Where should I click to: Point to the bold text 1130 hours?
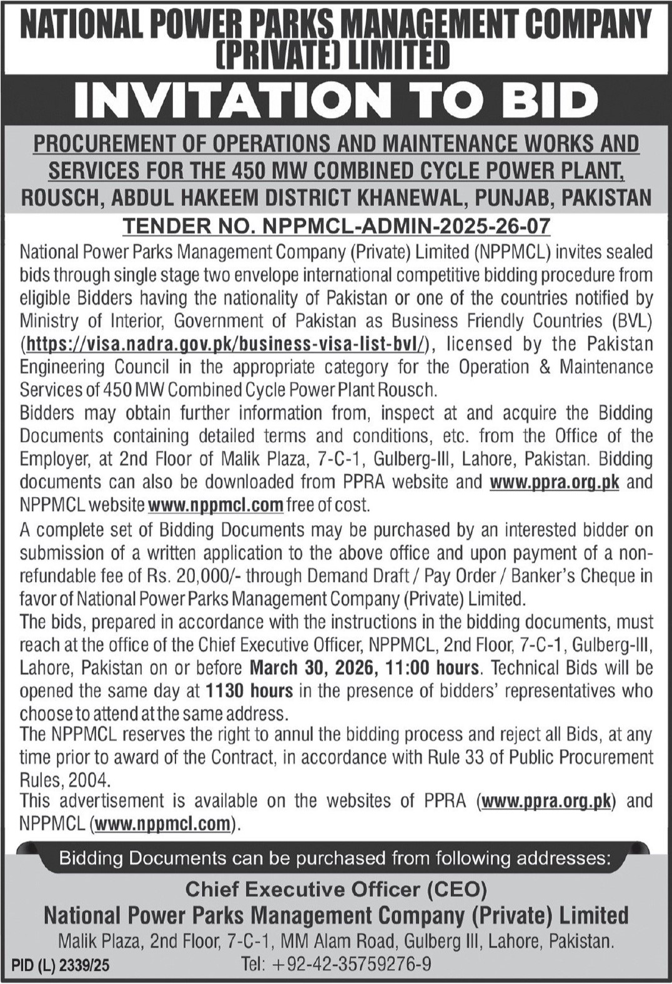tap(249, 691)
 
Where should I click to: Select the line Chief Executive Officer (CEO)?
tap(336, 888)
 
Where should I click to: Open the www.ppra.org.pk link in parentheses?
tap(546, 802)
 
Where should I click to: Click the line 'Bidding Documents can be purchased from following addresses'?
tap(334, 859)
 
